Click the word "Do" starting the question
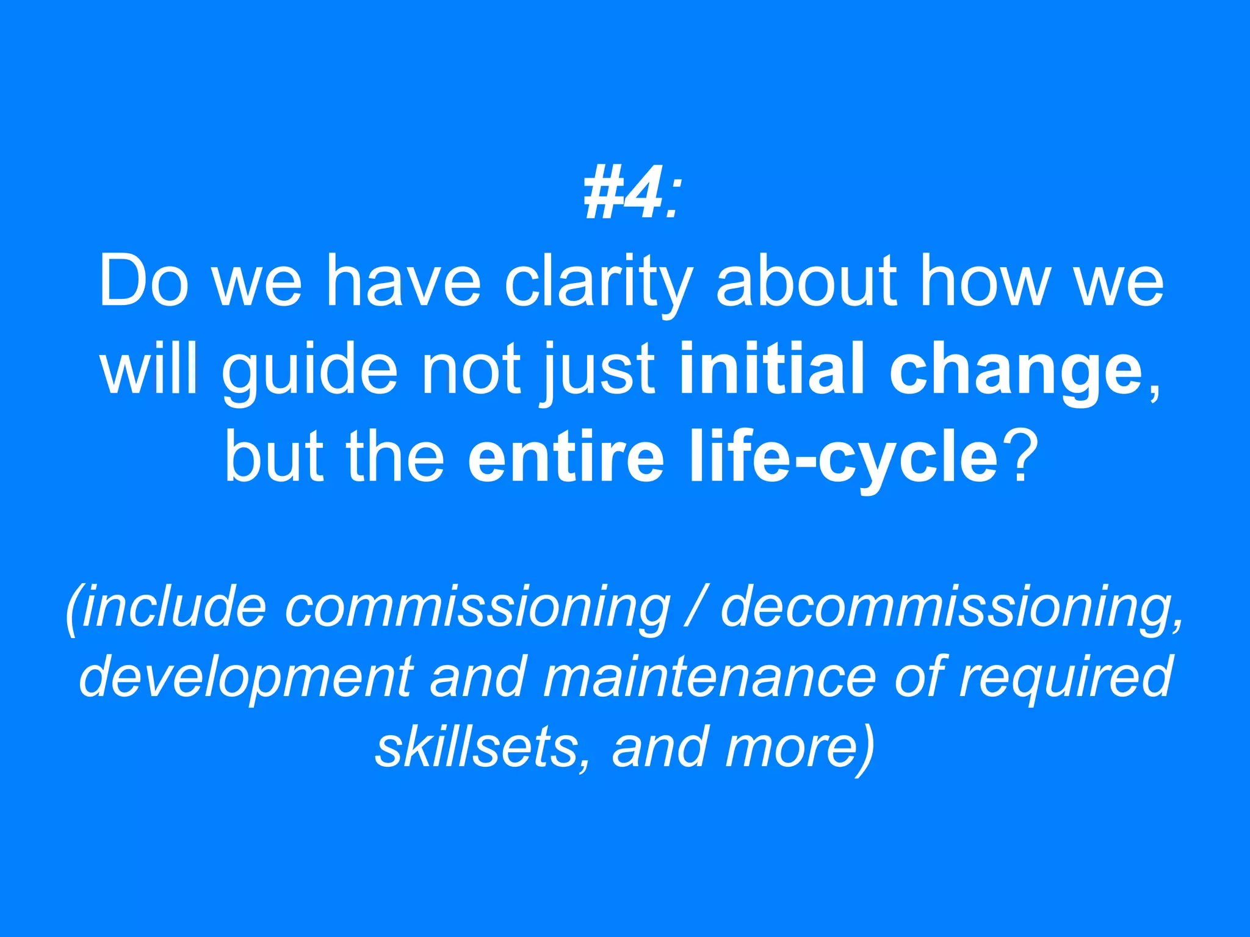point(143,282)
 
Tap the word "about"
point(806,282)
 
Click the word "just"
point(599,370)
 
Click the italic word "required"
point(1064,677)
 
